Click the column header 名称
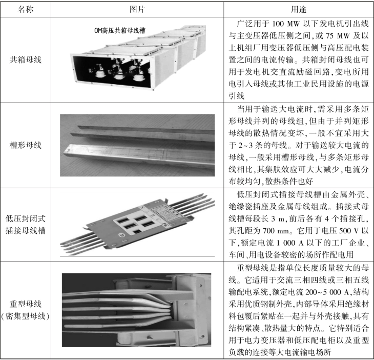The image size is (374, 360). pos(26,9)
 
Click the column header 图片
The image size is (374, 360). pos(137,9)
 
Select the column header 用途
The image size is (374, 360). pos(298,9)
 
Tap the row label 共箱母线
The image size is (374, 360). pos(26,59)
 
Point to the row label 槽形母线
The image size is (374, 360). pos(26,145)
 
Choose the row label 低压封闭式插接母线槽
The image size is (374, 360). pos(26,225)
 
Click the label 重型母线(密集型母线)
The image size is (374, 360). pos(26,310)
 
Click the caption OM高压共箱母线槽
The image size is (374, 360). pos(120,30)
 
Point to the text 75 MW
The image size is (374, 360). pos(338,36)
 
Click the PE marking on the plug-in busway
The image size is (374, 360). pos(164,224)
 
